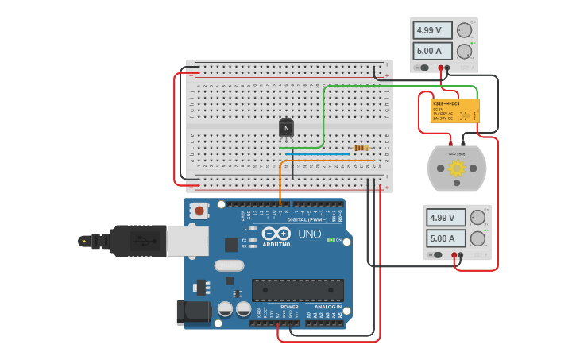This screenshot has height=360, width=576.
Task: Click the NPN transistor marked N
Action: point(286,128)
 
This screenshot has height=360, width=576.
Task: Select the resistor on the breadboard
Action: point(361,148)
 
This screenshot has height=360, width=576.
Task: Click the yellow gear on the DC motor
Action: point(457,168)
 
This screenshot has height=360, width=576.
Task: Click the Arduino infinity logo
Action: point(276,234)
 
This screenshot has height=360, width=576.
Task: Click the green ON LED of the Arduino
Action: point(330,240)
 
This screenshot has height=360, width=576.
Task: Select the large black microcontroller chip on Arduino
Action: point(298,290)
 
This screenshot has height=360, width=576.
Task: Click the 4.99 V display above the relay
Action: point(432,31)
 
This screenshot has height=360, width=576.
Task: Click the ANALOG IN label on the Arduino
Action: point(327,307)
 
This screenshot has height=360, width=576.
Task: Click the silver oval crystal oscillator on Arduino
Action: point(228,266)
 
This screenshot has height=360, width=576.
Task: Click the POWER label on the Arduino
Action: point(289,307)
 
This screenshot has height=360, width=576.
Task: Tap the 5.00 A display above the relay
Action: point(432,52)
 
